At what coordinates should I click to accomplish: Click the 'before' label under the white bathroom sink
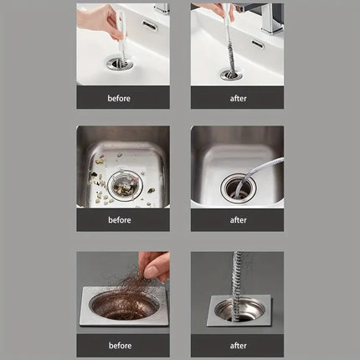coord(120,98)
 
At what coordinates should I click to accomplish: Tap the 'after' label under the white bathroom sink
coord(238,98)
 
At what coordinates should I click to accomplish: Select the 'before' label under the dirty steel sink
coord(120,220)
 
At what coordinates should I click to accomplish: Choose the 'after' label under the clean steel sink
coord(238,220)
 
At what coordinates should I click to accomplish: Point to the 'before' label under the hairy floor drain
coord(120,345)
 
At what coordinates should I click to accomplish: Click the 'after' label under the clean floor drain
coord(238,345)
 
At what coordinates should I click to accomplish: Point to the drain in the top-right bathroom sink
coord(231,74)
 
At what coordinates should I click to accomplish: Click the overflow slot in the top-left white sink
coord(150,25)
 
